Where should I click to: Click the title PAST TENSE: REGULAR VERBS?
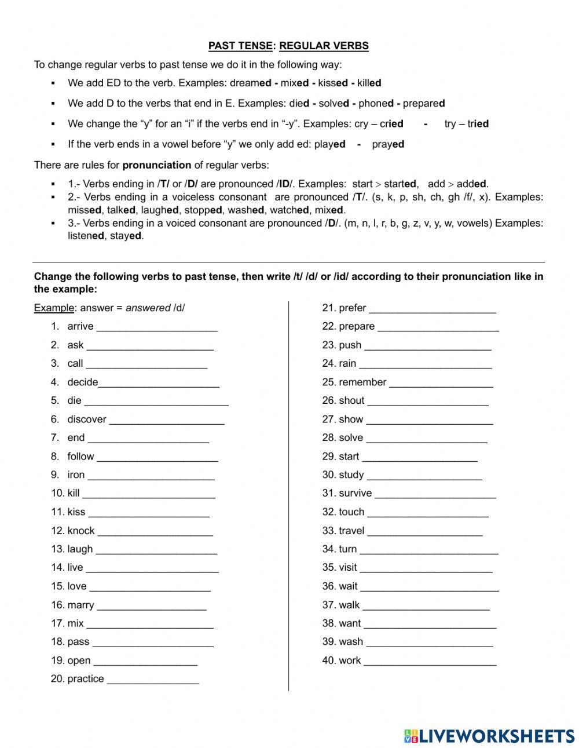click(288, 46)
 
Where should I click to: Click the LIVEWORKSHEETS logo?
click(489, 736)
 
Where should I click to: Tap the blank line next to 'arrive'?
click(157, 328)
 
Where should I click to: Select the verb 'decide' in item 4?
click(82, 382)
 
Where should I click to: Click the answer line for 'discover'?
click(167, 421)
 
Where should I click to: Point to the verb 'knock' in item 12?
click(81, 531)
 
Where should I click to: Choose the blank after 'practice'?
click(153, 680)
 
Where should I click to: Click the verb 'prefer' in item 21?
click(352, 308)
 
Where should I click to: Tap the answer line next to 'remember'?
click(441, 384)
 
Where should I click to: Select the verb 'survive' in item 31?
click(355, 494)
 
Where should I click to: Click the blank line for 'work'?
click(430, 662)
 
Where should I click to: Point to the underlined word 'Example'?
click(54, 308)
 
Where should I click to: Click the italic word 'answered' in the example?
click(148, 308)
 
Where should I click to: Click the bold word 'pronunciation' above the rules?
click(157, 165)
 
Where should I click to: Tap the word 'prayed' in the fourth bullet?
click(388, 144)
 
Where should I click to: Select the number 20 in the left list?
click(57, 679)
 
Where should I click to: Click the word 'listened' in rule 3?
click(86, 236)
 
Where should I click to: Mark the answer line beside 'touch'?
click(428, 513)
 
